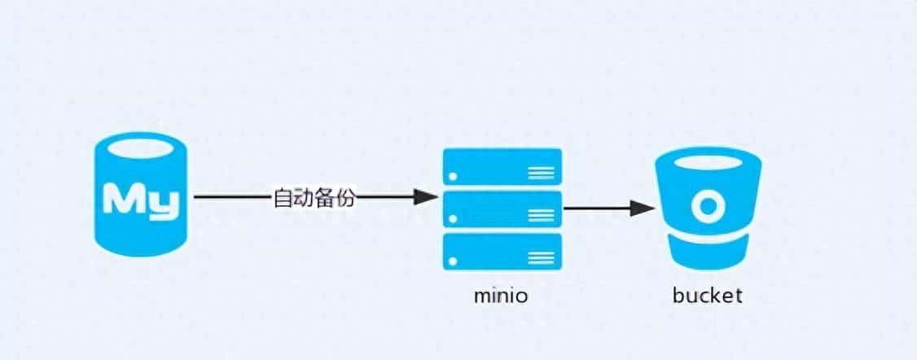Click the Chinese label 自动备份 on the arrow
[314, 198]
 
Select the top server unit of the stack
[502, 166]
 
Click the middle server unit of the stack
[502, 209]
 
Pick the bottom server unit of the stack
[502, 251]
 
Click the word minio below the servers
[501, 296]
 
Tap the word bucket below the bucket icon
[707, 295]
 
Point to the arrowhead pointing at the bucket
[644, 209]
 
